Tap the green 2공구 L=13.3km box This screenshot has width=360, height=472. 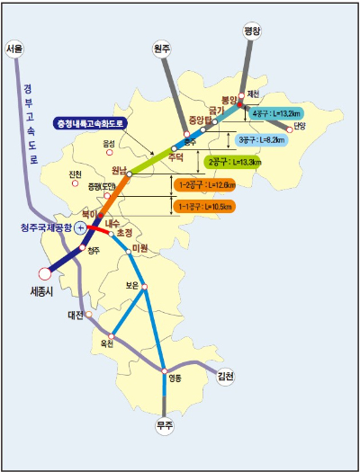click(235, 162)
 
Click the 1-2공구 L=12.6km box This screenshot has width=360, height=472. click(206, 185)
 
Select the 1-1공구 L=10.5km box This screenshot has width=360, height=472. click(206, 206)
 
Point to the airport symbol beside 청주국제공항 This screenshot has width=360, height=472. click(79, 229)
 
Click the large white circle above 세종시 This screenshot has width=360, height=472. click(44, 273)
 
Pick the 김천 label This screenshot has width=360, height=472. click(225, 377)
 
